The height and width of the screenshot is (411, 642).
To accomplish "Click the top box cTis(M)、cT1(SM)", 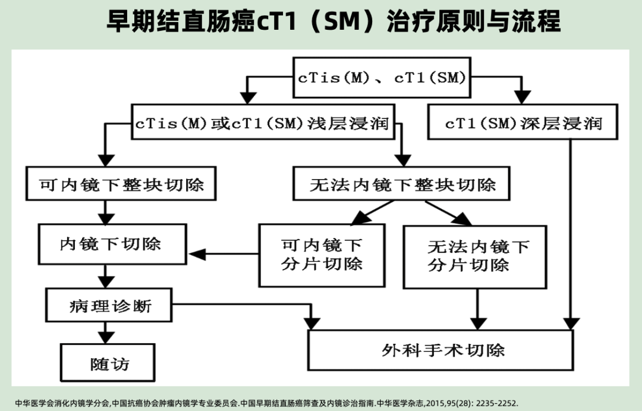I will (x=382, y=77).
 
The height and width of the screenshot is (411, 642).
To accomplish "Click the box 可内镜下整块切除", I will (x=121, y=184).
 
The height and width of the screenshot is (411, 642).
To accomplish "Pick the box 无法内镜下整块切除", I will (x=402, y=184).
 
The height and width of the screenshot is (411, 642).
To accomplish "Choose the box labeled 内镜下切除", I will (x=111, y=244).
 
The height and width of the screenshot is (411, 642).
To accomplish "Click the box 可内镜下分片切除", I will (x=322, y=254).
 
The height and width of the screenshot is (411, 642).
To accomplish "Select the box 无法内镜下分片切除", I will (x=474, y=256).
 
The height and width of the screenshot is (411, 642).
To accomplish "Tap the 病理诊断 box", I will (x=110, y=306).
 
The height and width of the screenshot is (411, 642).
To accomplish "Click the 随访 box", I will (x=110, y=363).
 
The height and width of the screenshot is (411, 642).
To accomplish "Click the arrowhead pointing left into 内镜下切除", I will (x=196, y=255).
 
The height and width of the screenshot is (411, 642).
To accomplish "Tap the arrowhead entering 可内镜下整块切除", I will (x=106, y=158).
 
